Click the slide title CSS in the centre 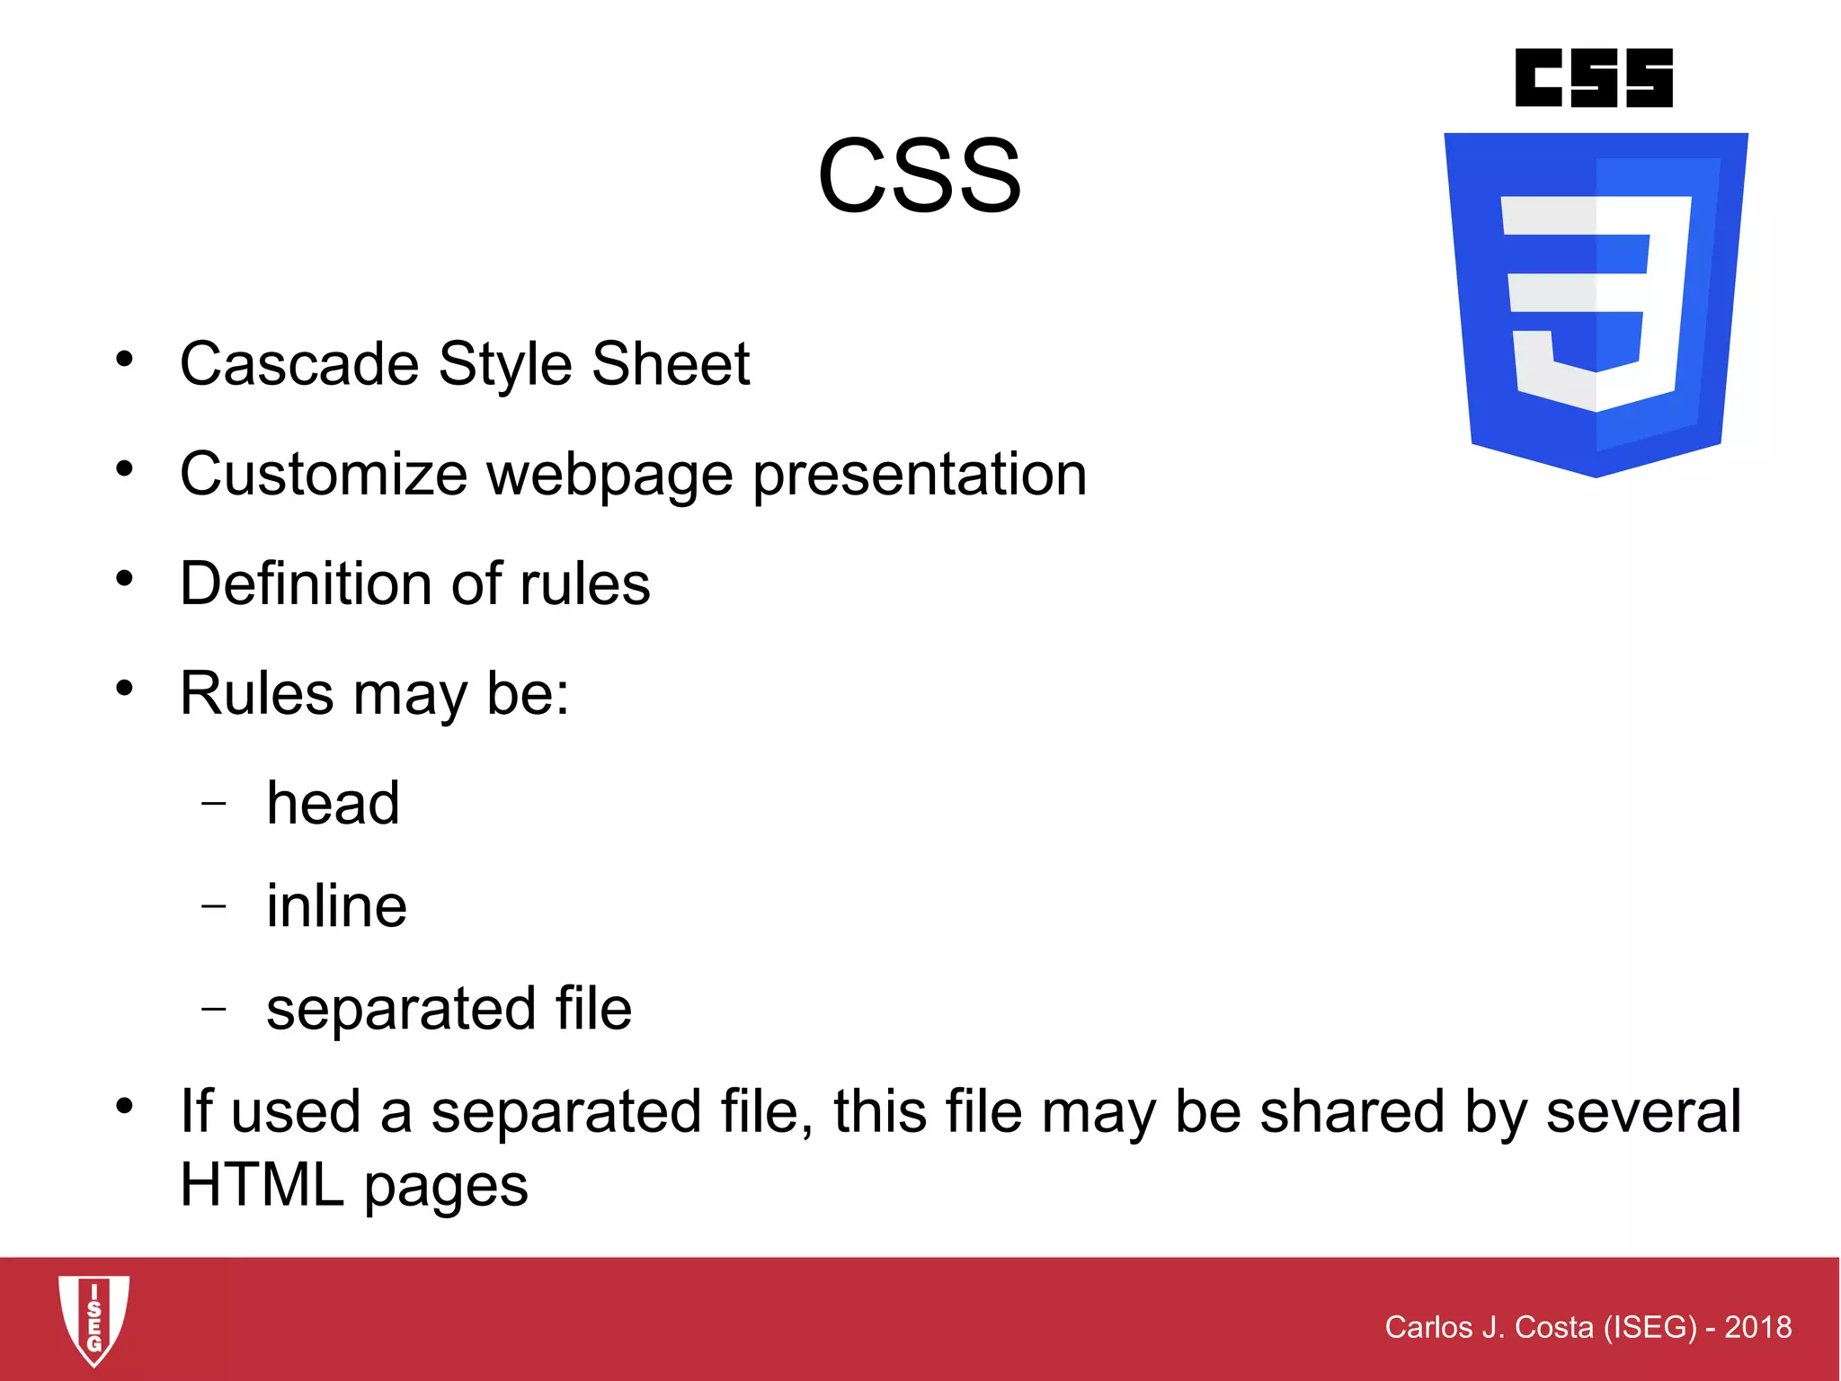pyautogui.click(x=919, y=175)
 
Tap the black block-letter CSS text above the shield pyautogui.click(x=1593, y=78)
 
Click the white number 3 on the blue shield pyautogui.click(x=1595, y=302)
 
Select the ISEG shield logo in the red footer pyautogui.click(x=93, y=1319)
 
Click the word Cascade pyautogui.click(x=299, y=364)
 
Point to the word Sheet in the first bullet pyautogui.click(x=671, y=364)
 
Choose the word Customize pyautogui.click(x=324, y=474)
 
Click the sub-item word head pyautogui.click(x=333, y=803)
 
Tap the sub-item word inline pyautogui.click(x=336, y=905)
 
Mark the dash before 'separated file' pyautogui.click(x=214, y=1009)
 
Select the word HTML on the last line pyautogui.click(x=262, y=1185)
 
